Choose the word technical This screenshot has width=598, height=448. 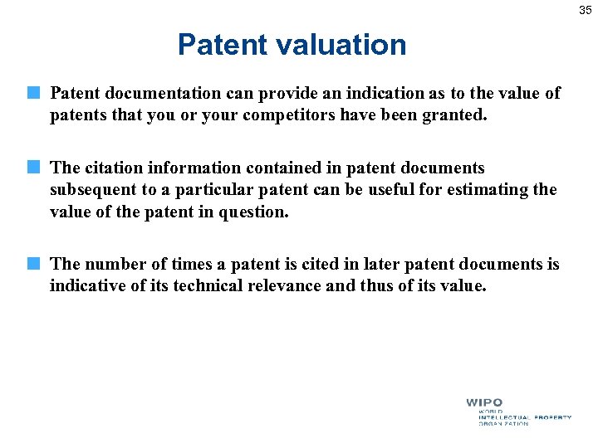click(212, 285)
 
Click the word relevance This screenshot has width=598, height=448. click(301, 285)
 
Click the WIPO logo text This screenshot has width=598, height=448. click(484, 403)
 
